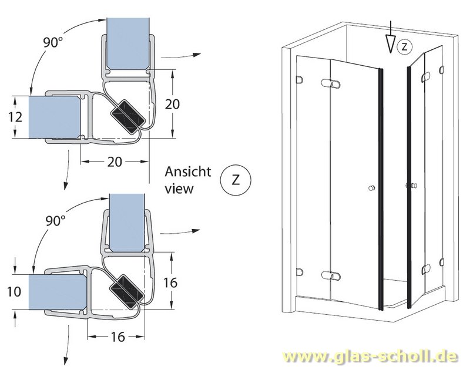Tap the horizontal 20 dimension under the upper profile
tap(114, 162)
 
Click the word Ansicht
tap(187, 171)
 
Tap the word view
tap(179, 189)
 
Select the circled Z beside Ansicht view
tap(235, 180)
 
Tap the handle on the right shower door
tap(411, 187)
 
